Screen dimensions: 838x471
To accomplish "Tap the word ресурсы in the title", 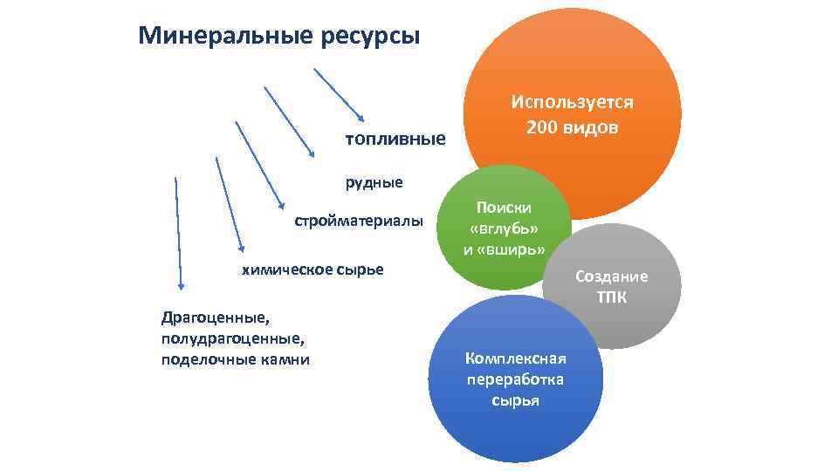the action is (x=372, y=37).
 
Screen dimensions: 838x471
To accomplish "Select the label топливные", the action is (x=395, y=140).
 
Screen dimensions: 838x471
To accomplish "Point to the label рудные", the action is (x=374, y=182).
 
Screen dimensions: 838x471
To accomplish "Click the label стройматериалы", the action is (x=359, y=221).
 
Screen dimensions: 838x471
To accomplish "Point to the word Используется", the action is (x=573, y=101).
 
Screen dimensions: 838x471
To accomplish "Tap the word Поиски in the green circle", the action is (x=504, y=208).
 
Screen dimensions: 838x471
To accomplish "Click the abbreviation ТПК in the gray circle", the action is (x=611, y=297).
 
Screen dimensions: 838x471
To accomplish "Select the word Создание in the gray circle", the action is (x=611, y=276).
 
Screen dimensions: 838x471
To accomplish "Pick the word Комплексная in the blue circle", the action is (x=516, y=358).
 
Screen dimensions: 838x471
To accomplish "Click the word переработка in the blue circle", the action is (x=515, y=379).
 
